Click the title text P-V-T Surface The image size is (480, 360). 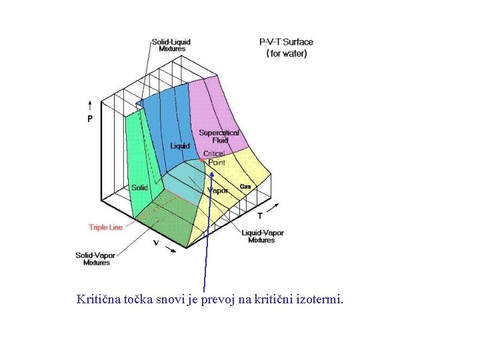pos(286,42)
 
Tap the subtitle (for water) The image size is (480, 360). pos(287,53)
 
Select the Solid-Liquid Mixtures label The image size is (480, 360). pos(171,45)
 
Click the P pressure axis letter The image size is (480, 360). pos(91,119)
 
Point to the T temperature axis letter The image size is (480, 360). pos(260,215)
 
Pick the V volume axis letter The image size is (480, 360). pos(156,243)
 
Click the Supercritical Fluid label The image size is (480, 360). pos(219,137)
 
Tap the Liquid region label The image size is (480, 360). pos(180,146)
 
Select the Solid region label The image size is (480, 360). pos(140,188)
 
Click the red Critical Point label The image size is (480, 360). pos(215,158)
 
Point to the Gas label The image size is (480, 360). pos(245,186)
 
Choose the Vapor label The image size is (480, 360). pos(218,190)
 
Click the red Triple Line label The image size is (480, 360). pos(106,227)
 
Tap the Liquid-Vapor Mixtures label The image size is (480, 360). pos(263,237)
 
